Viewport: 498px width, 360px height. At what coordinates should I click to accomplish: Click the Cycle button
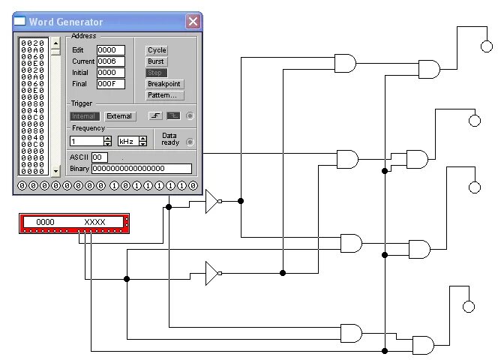click(x=157, y=50)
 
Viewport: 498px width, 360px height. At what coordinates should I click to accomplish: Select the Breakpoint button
click(x=164, y=84)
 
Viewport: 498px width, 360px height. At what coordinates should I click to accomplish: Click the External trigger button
click(x=119, y=116)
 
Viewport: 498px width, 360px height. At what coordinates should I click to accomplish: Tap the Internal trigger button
click(x=83, y=116)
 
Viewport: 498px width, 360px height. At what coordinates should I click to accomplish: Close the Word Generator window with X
click(x=193, y=22)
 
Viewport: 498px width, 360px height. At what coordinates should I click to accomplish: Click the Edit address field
click(x=110, y=50)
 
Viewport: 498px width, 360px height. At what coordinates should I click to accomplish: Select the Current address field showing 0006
click(x=110, y=61)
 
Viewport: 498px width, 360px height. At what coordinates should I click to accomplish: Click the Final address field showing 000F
click(x=110, y=84)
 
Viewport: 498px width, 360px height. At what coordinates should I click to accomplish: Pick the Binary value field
click(x=141, y=169)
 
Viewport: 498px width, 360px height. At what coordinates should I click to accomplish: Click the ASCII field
click(x=99, y=157)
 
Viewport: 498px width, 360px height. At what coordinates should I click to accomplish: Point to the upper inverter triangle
click(x=212, y=201)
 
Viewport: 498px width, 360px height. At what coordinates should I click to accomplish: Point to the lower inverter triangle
click(x=212, y=274)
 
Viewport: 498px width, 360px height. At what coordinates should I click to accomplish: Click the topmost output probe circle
click(x=488, y=46)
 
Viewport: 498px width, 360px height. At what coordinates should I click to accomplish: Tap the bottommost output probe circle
click(x=469, y=306)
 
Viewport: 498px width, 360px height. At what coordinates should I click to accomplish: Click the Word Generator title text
click(x=66, y=22)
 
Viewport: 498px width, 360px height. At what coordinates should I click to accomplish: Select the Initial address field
click(x=110, y=73)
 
